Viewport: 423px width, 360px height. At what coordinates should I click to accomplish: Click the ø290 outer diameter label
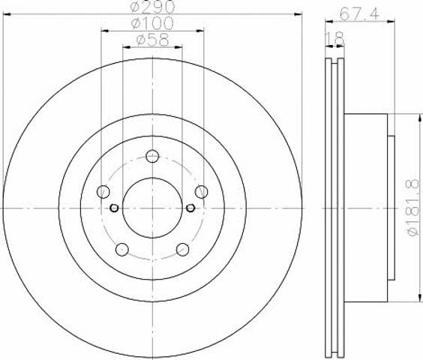(x=152, y=7)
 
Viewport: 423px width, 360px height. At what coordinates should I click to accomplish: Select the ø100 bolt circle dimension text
(x=152, y=23)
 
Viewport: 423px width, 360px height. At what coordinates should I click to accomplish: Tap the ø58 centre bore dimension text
(x=153, y=40)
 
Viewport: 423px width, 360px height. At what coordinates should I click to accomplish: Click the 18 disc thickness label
(x=335, y=39)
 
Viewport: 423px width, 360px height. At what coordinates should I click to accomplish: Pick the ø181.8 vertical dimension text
(x=414, y=208)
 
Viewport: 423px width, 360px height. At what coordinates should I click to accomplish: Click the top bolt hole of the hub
(x=152, y=156)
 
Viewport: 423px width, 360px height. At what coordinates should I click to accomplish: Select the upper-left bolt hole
(x=103, y=192)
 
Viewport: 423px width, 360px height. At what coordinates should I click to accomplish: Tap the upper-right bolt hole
(x=202, y=192)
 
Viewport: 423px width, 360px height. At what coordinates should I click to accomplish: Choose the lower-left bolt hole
(x=122, y=249)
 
